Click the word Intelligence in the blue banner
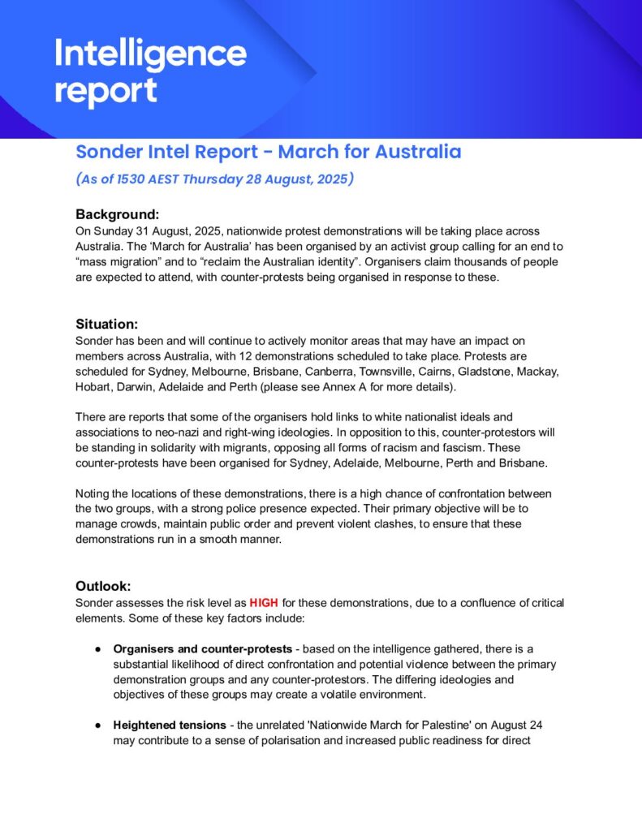click(150, 55)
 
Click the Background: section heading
click(118, 215)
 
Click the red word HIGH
click(264, 603)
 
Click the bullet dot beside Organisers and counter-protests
click(97, 649)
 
